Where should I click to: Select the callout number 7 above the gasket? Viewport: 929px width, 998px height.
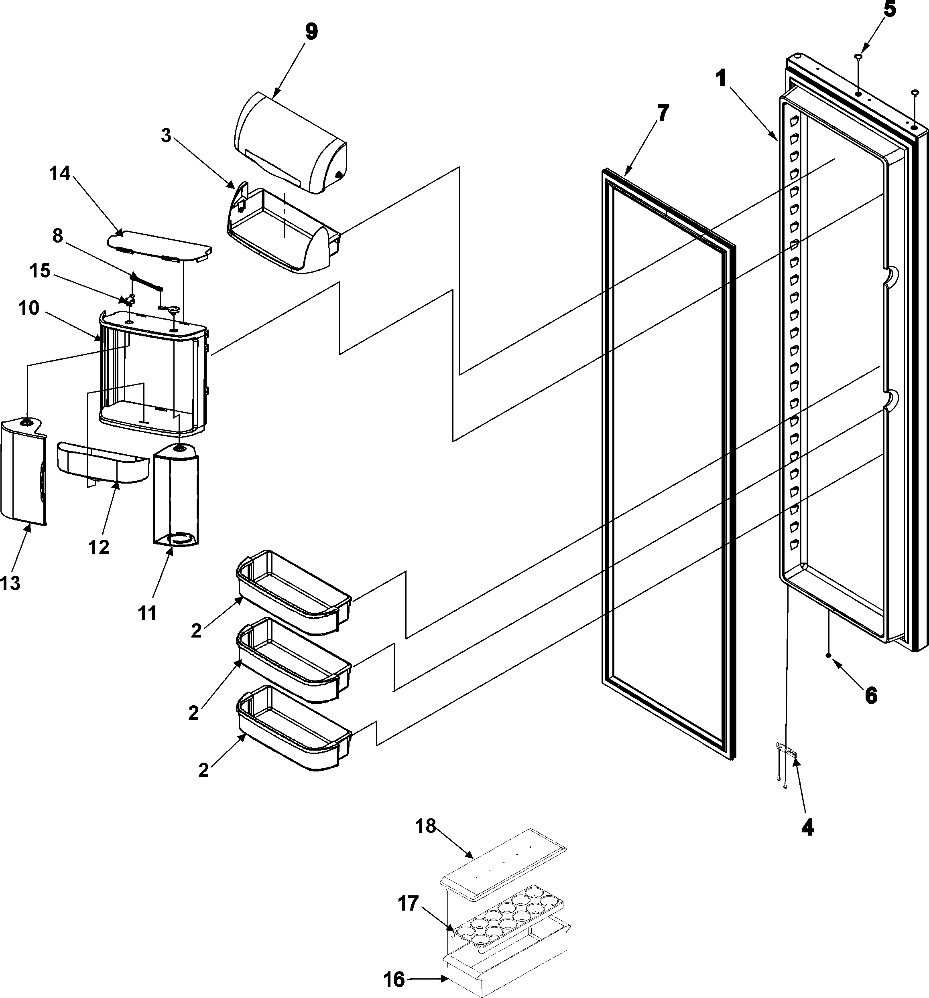[x=663, y=113]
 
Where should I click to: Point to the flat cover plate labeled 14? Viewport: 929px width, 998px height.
[x=158, y=246]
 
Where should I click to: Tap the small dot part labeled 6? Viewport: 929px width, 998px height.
[x=827, y=655]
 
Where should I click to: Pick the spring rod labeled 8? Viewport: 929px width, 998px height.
[x=147, y=281]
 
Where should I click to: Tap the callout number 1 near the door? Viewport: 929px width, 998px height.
[x=722, y=79]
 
